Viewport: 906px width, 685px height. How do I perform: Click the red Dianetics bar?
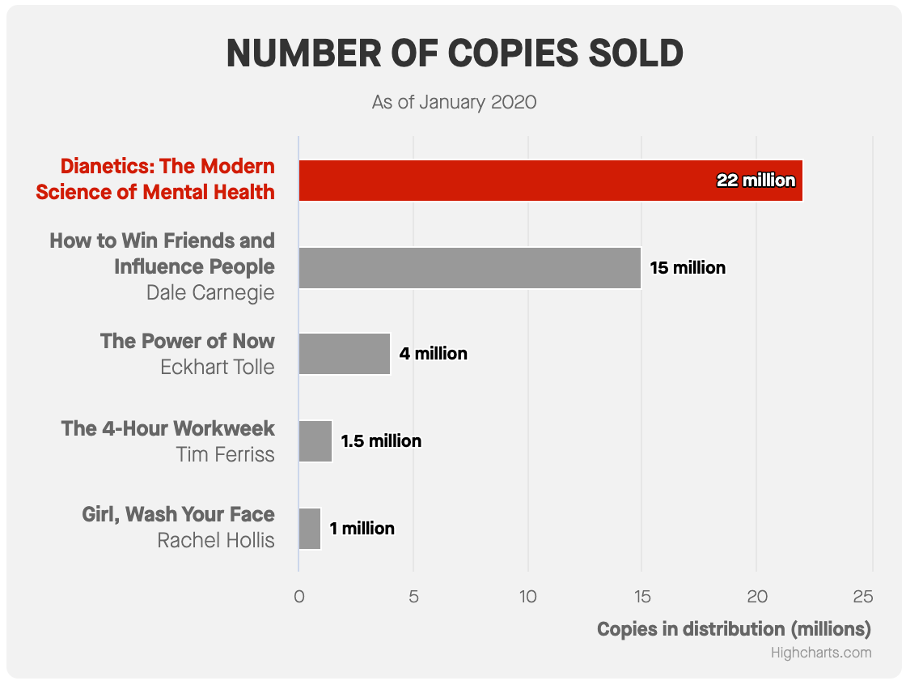point(502,181)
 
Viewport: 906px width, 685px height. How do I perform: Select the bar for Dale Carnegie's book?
point(469,268)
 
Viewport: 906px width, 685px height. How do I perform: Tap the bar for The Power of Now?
point(345,354)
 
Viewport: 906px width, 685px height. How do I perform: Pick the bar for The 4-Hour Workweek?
point(315,441)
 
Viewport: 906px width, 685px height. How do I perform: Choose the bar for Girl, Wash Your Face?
point(310,529)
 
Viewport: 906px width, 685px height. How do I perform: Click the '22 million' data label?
point(756,181)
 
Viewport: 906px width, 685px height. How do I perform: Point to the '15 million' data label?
point(688,268)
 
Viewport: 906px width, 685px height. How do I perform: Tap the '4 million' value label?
point(434,354)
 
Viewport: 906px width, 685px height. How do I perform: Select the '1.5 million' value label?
point(381,441)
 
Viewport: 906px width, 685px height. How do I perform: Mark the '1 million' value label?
point(362,529)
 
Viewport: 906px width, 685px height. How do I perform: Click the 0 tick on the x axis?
point(299,597)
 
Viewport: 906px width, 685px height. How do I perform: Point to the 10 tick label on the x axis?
point(527,597)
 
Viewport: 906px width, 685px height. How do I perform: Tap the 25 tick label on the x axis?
point(863,597)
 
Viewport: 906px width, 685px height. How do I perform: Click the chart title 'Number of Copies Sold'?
point(455,53)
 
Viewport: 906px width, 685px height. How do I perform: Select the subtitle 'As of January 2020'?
point(455,103)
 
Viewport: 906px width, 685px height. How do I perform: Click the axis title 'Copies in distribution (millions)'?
point(734,629)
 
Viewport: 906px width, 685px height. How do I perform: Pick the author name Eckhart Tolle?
point(218,367)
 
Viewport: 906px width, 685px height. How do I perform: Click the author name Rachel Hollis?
point(216,540)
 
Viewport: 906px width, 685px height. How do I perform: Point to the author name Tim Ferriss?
point(226,454)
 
